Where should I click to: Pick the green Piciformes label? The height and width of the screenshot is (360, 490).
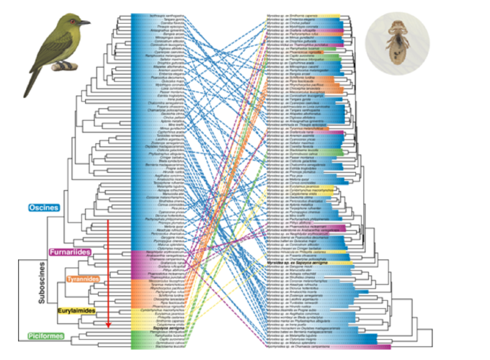tap(47, 336)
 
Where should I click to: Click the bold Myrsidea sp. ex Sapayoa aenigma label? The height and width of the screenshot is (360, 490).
tap(296, 264)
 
